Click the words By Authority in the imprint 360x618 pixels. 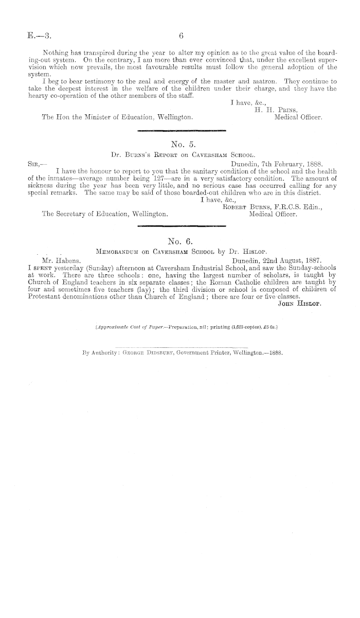[x=99, y=354]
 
